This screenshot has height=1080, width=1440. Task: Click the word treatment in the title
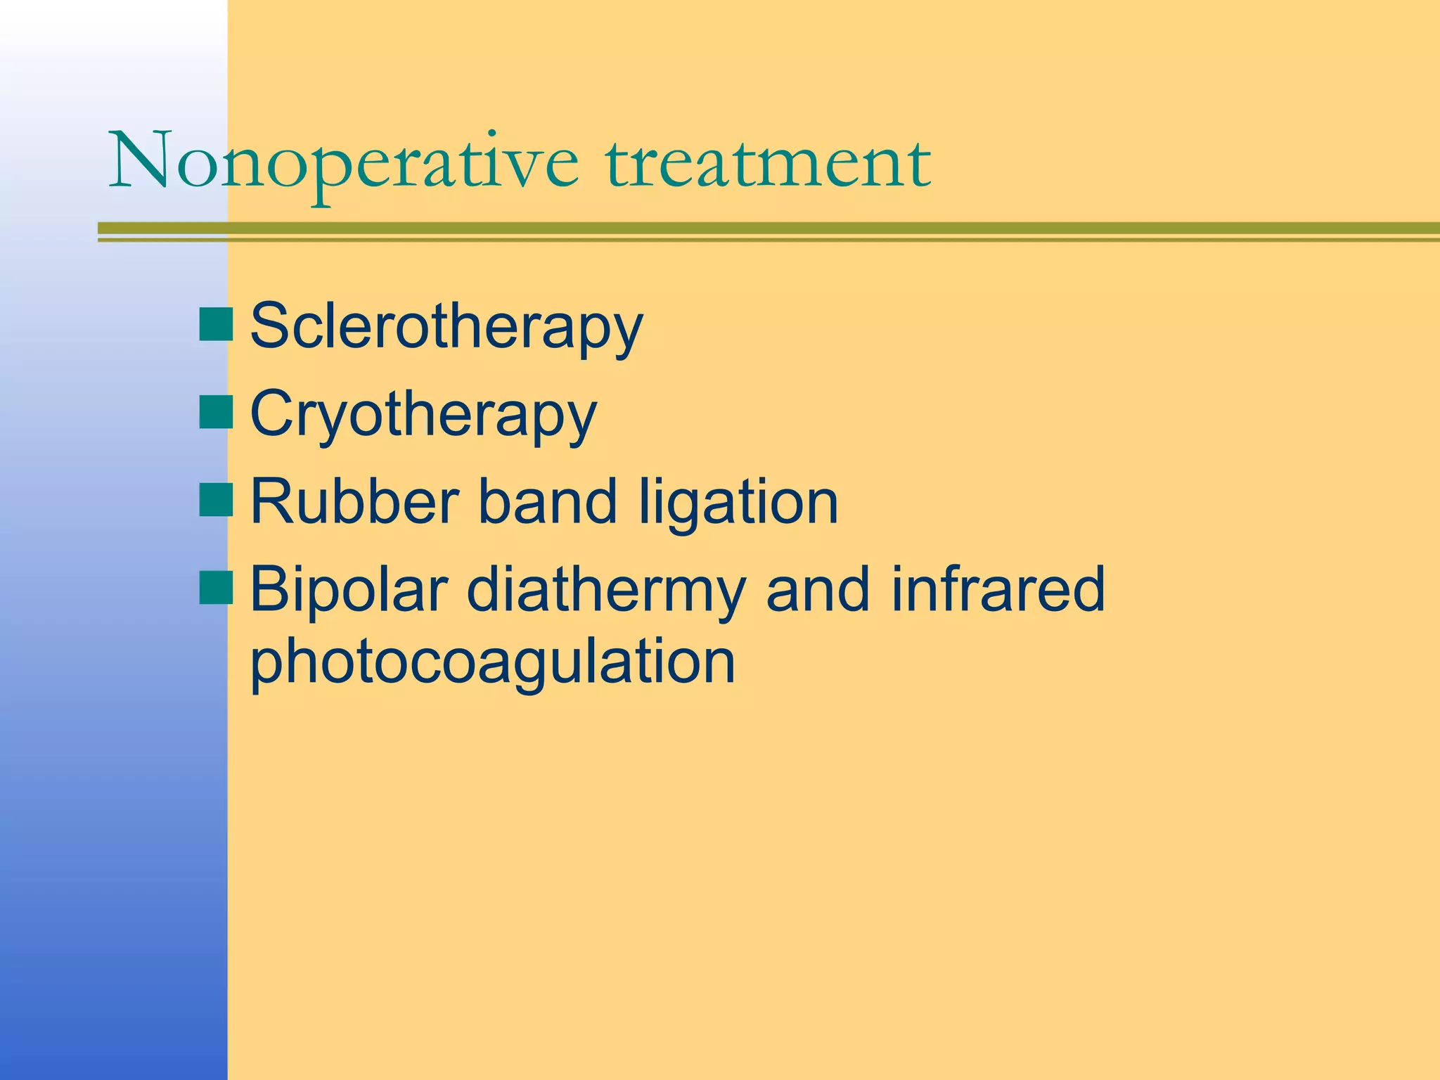pos(768,163)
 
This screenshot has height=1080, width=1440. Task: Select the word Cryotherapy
pos(423,415)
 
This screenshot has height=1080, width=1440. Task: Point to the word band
pos(548,501)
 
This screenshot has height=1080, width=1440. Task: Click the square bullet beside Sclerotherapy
pos(216,325)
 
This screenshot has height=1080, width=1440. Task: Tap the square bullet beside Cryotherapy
pos(216,413)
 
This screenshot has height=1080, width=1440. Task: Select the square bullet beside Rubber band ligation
pos(216,500)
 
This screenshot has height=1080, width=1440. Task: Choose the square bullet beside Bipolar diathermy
pos(216,588)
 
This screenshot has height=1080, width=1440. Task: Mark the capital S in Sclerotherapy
pos(271,326)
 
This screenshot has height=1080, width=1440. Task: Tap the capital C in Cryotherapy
pos(273,413)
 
